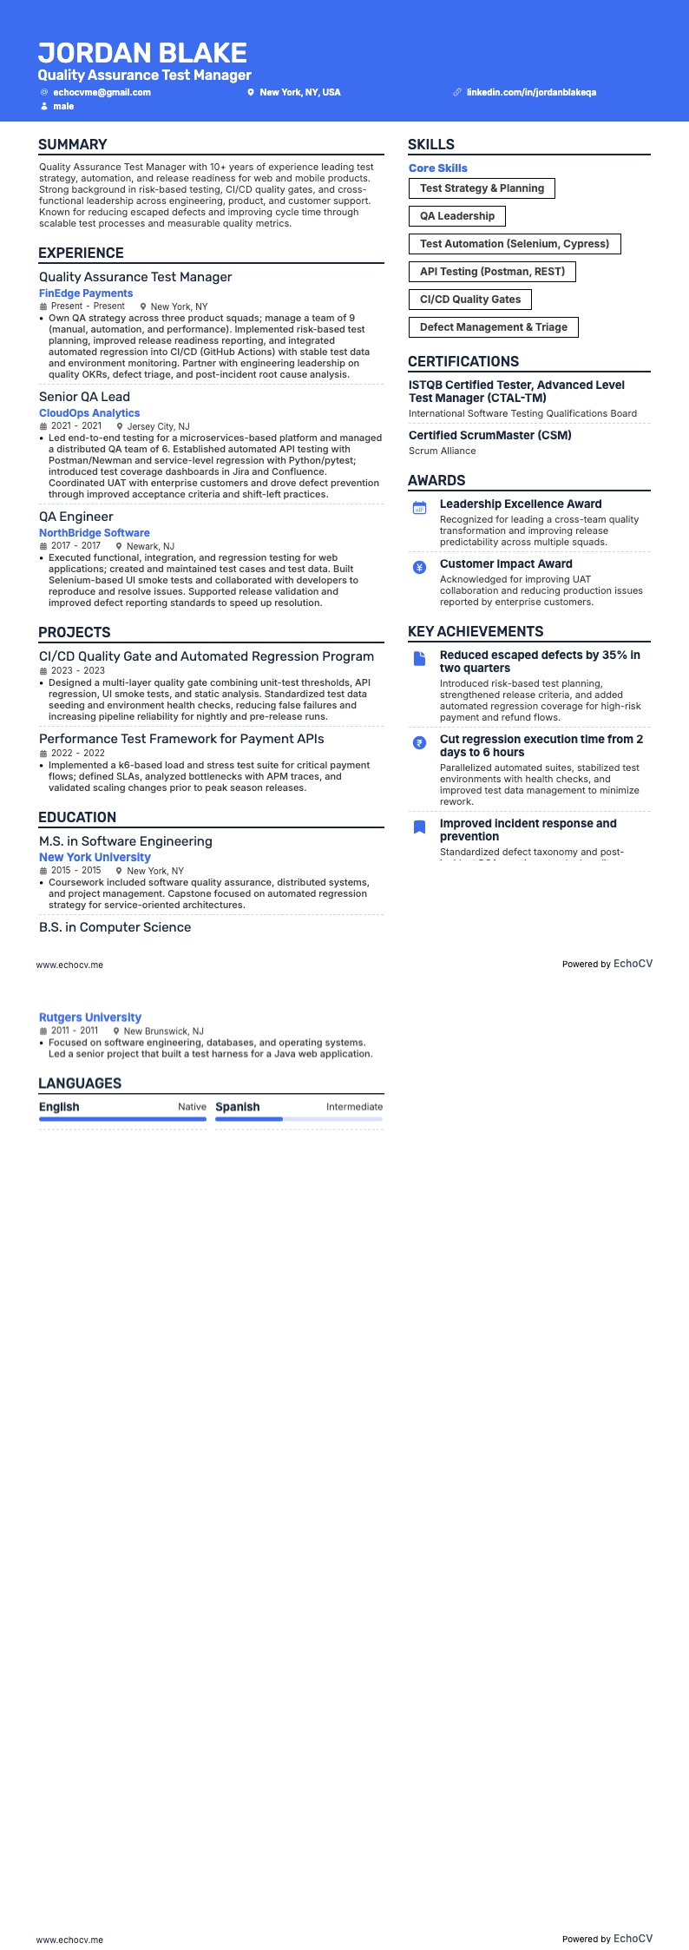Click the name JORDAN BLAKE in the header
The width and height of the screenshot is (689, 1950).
coord(142,53)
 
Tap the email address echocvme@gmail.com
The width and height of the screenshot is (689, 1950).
coord(102,92)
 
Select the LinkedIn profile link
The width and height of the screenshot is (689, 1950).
coord(531,92)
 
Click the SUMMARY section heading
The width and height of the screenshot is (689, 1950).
coord(73,145)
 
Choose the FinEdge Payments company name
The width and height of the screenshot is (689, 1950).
coord(86,293)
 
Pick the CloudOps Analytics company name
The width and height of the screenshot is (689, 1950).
coord(89,413)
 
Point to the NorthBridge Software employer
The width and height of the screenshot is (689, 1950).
coord(95,533)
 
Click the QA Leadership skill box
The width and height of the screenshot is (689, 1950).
coord(457,216)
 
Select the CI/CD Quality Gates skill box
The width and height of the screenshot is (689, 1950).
coord(470,300)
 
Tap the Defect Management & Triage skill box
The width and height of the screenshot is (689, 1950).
coord(494,327)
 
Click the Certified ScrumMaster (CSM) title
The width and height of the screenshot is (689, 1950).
coord(490,436)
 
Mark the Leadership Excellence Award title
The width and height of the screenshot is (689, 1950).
coord(521,504)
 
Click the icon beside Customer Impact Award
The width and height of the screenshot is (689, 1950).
coord(420,568)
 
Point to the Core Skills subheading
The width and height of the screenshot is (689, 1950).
coord(438,168)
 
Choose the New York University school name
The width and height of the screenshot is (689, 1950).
coord(95,858)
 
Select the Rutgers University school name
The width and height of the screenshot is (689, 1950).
coord(90,1018)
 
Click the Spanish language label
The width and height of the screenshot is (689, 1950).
coord(238,1107)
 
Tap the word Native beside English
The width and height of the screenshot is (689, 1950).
coord(192,1107)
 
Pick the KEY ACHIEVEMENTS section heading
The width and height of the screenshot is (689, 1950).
coord(476,632)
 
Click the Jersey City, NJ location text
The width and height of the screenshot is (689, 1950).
coord(158,427)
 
